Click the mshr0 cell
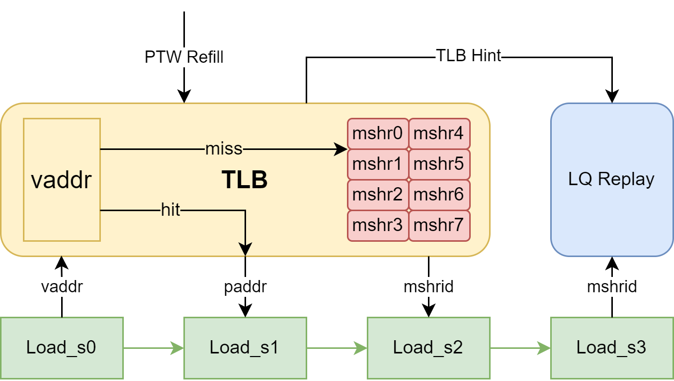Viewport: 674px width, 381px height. [x=378, y=134]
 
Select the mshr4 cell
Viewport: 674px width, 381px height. [x=439, y=134]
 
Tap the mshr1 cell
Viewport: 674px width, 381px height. [x=378, y=164]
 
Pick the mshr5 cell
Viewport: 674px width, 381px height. [x=439, y=164]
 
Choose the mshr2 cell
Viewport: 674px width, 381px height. [x=378, y=195]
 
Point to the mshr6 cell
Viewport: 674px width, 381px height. [x=439, y=195]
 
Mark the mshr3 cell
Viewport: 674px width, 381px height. [x=378, y=225]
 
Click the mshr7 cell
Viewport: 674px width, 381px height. [x=439, y=225]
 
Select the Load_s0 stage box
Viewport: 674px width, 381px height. [x=62, y=348]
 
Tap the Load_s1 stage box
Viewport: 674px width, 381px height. [x=245, y=348]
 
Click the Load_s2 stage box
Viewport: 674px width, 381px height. [x=428, y=348]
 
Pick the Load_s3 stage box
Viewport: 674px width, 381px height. [x=612, y=348]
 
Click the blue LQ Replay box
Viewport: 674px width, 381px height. [x=612, y=180]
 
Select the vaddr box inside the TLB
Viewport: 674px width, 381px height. [x=62, y=180]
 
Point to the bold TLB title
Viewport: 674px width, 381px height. [x=245, y=180]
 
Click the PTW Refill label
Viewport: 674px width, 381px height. [x=184, y=57]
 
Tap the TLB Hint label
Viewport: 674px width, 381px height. [x=469, y=56]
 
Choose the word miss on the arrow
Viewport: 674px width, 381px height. [x=224, y=149]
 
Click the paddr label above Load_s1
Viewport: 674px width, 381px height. [x=245, y=287]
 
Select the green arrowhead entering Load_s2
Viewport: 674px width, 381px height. [x=360, y=348]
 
